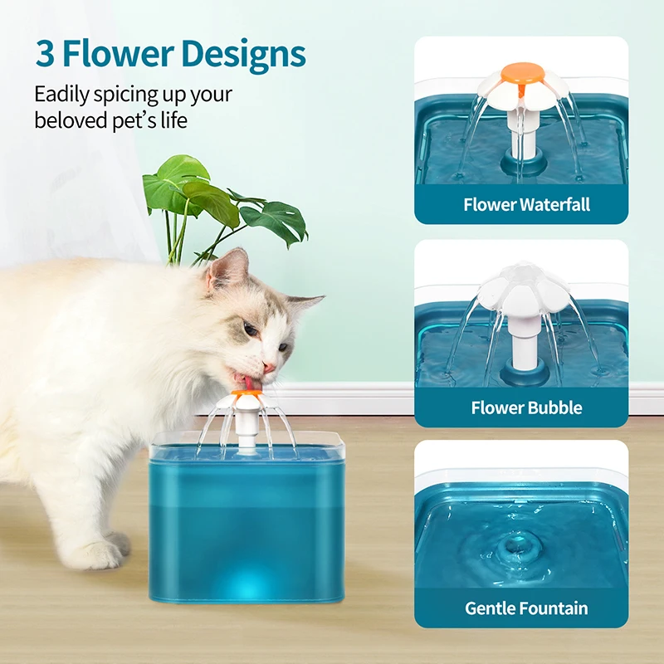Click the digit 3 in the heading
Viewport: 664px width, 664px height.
pyautogui.click(x=45, y=55)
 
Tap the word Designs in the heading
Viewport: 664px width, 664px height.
pyautogui.click(x=245, y=55)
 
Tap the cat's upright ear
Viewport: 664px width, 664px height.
pyautogui.click(x=229, y=270)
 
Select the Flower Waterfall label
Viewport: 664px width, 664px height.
pyautogui.click(x=526, y=204)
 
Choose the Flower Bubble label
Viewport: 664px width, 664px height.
pyautogui.click(x=526, y=408)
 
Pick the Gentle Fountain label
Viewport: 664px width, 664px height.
pyautogui.click(x=526, y=608)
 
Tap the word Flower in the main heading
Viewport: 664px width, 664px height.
pyautogui.click(x=116, y=55)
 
